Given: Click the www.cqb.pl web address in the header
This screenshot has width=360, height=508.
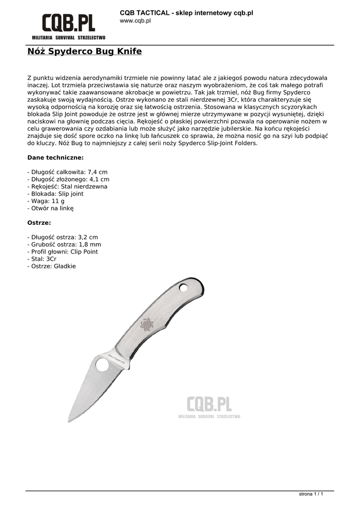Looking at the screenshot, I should (x=136, y=21).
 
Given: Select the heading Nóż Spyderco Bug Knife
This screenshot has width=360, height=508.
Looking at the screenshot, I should (x=84, y=52).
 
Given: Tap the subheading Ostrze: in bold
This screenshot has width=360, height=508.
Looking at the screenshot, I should (x=39, y=223).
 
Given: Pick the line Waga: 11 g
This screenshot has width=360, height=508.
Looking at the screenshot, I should (x=46, y=201).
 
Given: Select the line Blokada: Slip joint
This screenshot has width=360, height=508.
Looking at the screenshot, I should (x=55, y=194).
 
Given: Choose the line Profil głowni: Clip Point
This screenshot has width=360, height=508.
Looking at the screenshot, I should (x=63, y=252).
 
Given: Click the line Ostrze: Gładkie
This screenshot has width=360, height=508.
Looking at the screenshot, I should (x=52, y=266).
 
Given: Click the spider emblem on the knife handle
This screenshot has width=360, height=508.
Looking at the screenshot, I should (x=147, y=325).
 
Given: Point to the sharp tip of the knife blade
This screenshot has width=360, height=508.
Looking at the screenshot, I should (x=69, y=421).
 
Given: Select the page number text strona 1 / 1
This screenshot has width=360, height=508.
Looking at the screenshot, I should (x=311, y=494).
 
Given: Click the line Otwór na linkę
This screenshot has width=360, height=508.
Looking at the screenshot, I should (x=50, y=208).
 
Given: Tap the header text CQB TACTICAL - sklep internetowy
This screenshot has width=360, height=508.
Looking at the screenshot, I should (x=186, y=12).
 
